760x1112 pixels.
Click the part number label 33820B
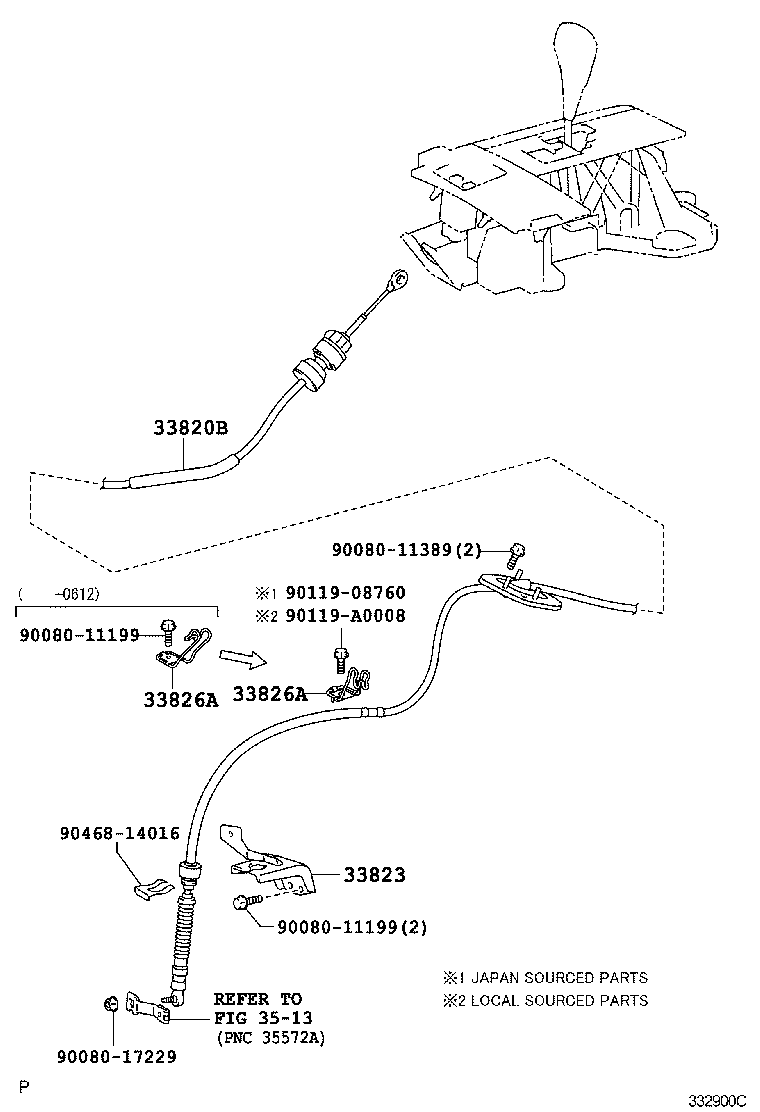[x=191, y=429]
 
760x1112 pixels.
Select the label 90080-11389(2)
[x=406, y=549]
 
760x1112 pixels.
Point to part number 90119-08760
[x=345, y=593]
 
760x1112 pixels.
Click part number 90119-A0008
[x=345, y=616]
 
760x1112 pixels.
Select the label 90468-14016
[x=119, y=833]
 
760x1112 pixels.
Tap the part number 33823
[x=375, y=875]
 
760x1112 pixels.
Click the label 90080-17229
[x=117, y=1056]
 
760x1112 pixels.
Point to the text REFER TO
[x=257, y=999]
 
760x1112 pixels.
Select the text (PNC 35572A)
[x=270, y=1037]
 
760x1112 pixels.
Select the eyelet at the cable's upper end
[x=398, y=278]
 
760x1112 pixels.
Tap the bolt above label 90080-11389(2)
[x=518, y=549]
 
